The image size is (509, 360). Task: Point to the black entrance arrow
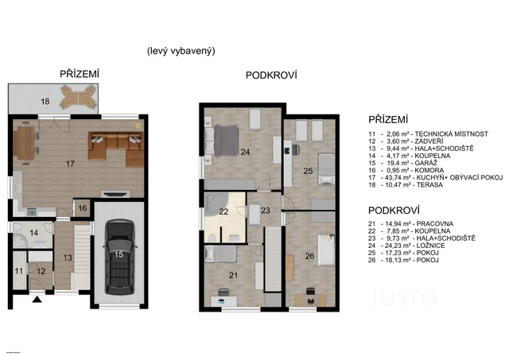pyautogui.click(x=35, y=300)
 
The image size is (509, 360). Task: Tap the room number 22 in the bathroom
pyautogui.click(x=224, y=211)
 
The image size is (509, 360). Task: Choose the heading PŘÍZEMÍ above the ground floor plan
pyautogui.click(x=80, y=73)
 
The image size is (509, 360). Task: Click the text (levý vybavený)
pyautogui.click(x=181, y=50)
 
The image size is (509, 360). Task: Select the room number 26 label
pyautogui.click(x=309, y=256)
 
